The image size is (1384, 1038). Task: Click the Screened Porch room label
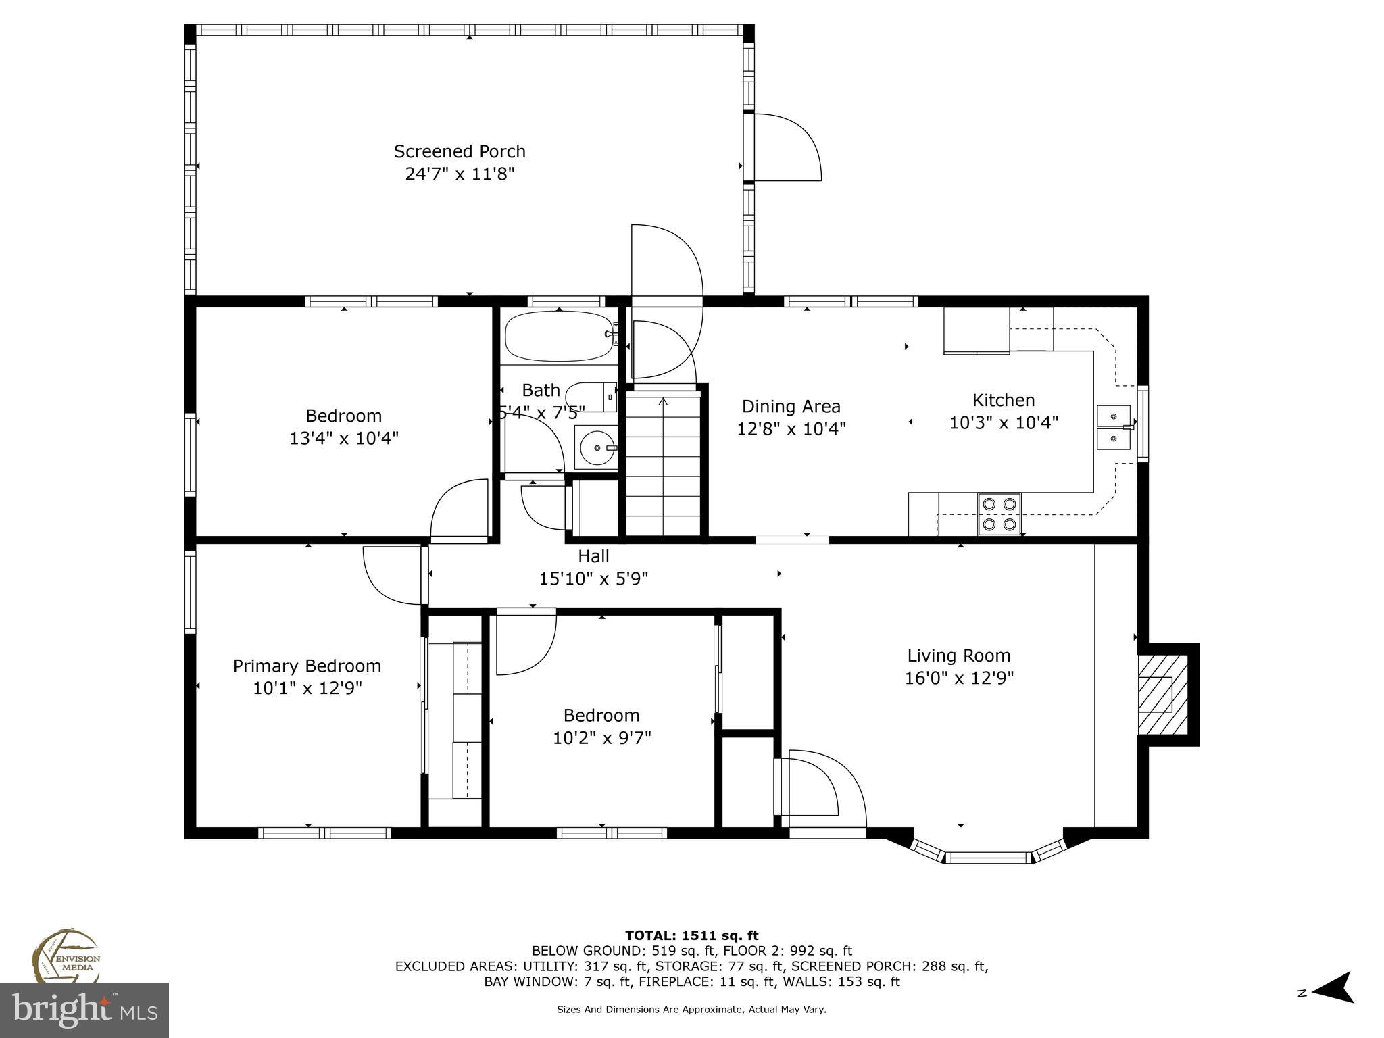tap(460, 151)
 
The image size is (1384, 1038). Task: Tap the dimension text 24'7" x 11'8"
tap(460, 174)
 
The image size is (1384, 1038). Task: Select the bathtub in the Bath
tap(559, 336)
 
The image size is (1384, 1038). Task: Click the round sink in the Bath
tap(596, 447)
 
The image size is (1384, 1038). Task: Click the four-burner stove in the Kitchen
tap(999, 514)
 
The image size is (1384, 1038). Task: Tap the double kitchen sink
tap(1113, 427)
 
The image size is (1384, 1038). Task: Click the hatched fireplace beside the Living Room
tap(1162, 694)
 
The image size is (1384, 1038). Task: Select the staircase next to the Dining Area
tap(663, 466)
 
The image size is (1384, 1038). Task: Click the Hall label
tap(593, 556)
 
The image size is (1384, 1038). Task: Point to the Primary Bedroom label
tap(307, 666)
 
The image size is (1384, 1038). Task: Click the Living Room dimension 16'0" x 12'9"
tap(959, 678)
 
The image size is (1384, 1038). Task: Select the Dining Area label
tap(791, 407)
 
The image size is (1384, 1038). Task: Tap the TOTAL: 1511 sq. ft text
tap(691, 936)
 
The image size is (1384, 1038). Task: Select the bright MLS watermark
tap(84, 1010)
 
